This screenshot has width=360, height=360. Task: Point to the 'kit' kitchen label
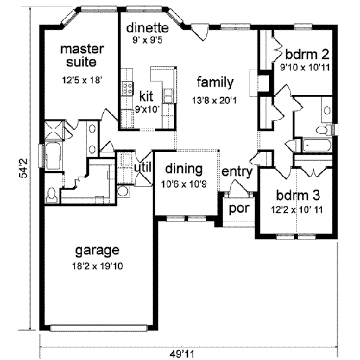[145, 95]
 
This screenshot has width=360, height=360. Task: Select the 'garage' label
[97, 249]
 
